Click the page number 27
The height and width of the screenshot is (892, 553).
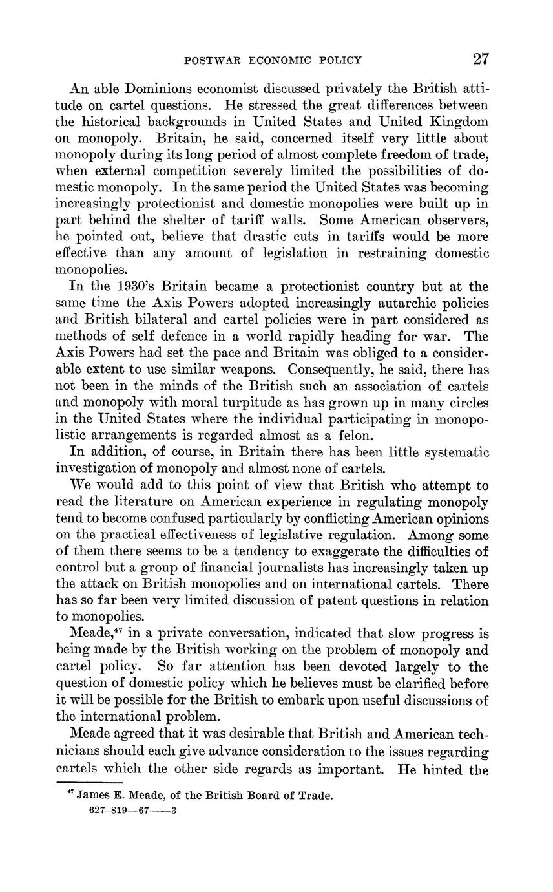pyautogui.click(x=481, y=59)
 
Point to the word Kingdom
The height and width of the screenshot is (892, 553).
pyautogui.click(x=458, y=122)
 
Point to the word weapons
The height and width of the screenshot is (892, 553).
pyautogui.click(x=250, y=369)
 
